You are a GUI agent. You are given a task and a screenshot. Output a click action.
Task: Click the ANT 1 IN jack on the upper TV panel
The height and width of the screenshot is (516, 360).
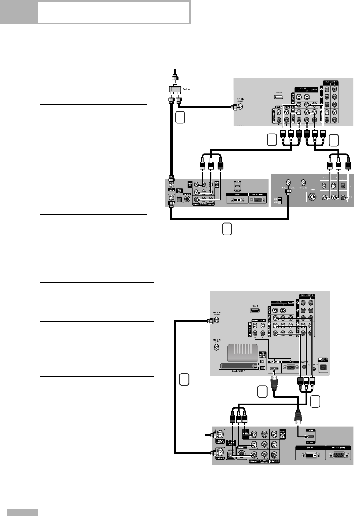pos(240,107)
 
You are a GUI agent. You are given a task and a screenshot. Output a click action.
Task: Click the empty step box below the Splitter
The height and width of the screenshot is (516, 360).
pos(180,118)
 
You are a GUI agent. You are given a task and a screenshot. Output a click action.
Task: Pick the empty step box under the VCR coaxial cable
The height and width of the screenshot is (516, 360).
pos(227,229)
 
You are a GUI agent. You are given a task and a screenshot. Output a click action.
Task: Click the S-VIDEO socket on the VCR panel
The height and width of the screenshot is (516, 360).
pos(311,197)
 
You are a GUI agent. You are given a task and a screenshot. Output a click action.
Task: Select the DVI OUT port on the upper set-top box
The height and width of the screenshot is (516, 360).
pos(236,199)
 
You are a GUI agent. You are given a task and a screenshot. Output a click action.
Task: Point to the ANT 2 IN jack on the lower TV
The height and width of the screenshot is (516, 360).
pos(216,347)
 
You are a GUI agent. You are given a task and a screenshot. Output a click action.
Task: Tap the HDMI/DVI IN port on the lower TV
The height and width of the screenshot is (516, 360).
pos(274,367)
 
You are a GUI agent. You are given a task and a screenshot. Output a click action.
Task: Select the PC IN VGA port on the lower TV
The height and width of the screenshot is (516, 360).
pos(291,367)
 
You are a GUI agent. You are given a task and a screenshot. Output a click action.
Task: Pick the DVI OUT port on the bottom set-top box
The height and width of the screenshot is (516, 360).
pos(311,455)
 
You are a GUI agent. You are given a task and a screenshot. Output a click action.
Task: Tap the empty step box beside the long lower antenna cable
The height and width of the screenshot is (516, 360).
pos(184,379)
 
